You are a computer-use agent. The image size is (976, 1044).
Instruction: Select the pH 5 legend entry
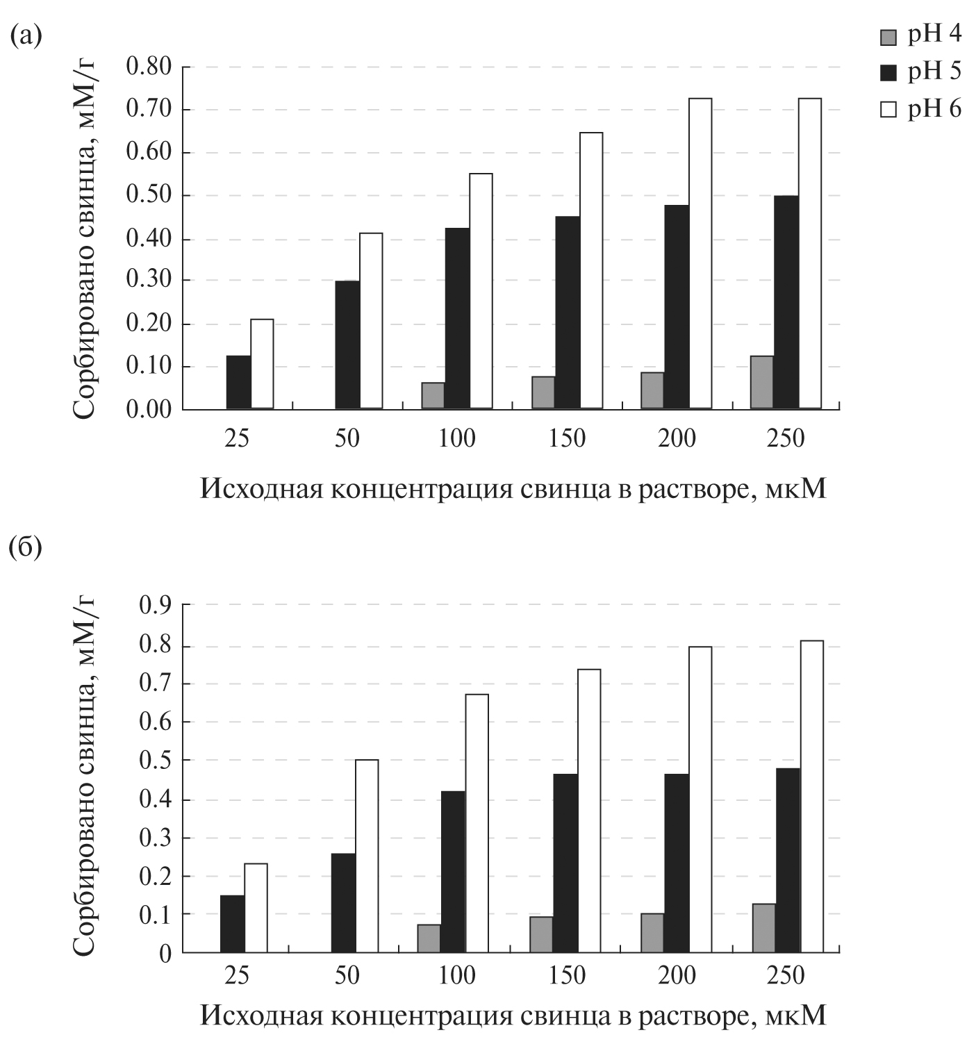coord(920,72)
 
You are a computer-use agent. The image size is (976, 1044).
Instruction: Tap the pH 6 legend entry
coord(920,109)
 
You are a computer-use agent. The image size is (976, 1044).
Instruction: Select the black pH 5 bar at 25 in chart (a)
coord(238,382)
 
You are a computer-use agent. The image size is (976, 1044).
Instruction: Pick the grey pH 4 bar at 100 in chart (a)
coord(433,395)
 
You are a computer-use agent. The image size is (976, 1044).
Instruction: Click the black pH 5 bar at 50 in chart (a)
coord(347,345)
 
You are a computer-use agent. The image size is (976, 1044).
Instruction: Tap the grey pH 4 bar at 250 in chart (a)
coord(761,382)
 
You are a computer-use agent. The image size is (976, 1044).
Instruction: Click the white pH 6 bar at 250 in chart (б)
coord(811,796)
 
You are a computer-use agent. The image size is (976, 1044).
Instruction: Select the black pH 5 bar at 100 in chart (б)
coord(453,871)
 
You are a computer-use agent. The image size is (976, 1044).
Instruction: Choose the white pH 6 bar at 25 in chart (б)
coord(256,907)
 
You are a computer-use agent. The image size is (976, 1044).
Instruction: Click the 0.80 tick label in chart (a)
coord(149,67)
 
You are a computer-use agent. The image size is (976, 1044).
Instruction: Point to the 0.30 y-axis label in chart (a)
coord(149,281)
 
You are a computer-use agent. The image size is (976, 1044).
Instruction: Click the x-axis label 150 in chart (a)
coord(568,439)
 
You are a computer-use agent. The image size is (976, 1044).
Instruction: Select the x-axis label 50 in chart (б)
coord(347,976)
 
